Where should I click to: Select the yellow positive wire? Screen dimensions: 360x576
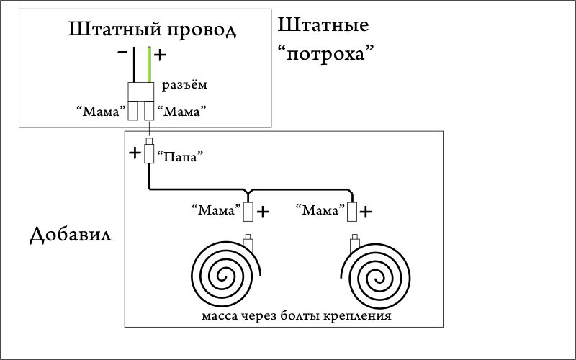click(x=149, y=65)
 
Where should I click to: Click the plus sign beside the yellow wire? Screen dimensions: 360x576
click(x=161, y=55)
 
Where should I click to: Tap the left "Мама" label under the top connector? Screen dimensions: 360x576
click(x=100, y=112)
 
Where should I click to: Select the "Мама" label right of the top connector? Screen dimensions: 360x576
click(x=182, y=112)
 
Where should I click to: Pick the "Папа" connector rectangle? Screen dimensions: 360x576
click(x=149, y=153)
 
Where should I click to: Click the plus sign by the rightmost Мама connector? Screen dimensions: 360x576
click(x=366, y=212)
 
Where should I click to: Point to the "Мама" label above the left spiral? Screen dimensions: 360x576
click(x=215, y=211)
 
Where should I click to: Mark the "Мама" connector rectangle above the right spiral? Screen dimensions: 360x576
click(x=352, y=212)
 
